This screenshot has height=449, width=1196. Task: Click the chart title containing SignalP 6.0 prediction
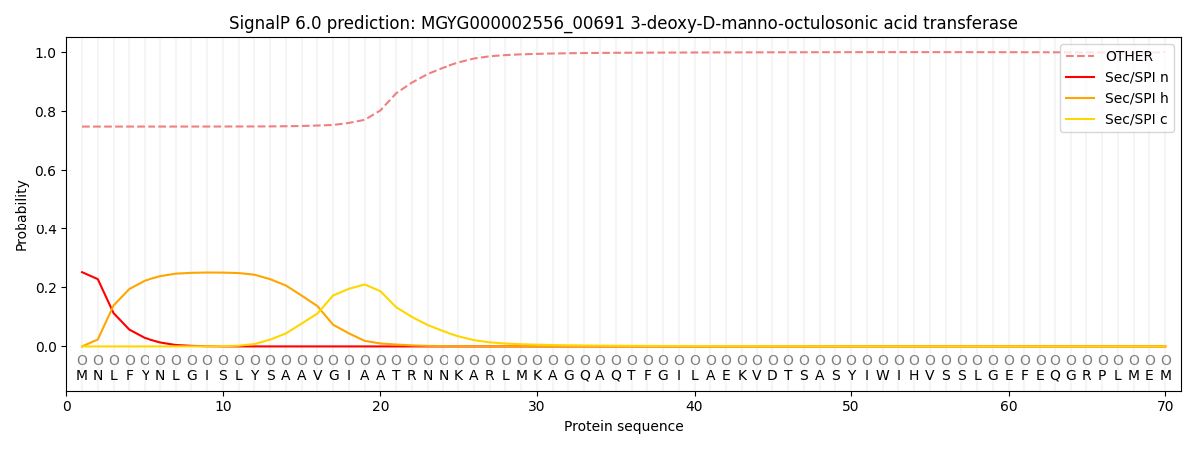tap(623, 23)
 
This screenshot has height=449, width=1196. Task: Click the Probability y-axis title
tap(22, 216)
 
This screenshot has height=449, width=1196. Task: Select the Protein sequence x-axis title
tap(623, 427)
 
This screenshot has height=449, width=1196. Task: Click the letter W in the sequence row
tap(883, 375)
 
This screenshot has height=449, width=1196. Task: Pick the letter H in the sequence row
tap(914, 375)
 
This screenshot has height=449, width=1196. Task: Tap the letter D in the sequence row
tap(773, 375)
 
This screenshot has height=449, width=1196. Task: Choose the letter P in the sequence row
tap(1102, 375)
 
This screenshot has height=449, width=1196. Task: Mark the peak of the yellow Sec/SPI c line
tap(365, 285)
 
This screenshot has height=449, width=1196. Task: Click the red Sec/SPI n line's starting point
tap(82, 272)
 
